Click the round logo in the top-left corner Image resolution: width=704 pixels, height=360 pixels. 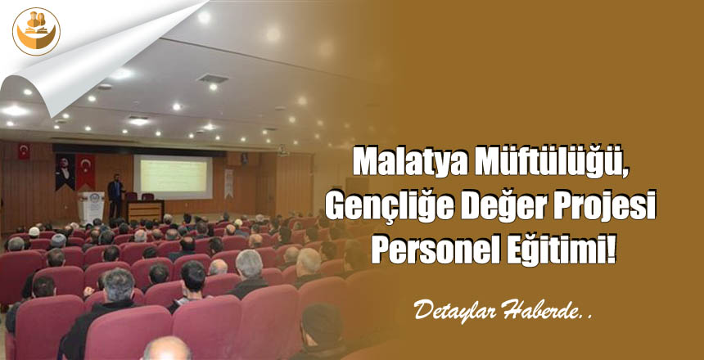(36, 31)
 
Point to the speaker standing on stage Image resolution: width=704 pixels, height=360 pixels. (115, 195)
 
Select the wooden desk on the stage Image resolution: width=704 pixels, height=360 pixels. (144, 210)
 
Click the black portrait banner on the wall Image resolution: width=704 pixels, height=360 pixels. (65, 172)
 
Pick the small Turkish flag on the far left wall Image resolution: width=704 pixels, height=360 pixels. (24, 151)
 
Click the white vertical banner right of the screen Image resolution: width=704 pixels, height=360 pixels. (228, 183)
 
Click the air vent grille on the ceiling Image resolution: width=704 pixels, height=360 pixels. (213, 79)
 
